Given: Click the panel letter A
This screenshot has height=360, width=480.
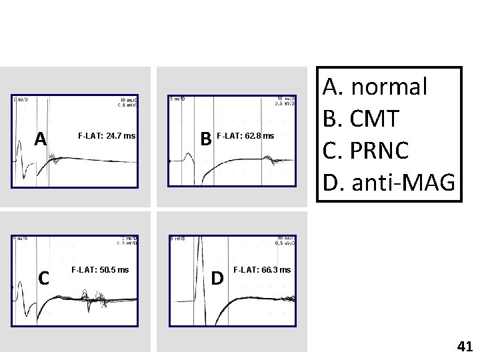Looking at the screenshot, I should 41,138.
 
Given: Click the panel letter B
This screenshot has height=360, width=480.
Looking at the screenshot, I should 207,138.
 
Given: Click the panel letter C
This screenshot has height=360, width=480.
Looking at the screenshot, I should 43,277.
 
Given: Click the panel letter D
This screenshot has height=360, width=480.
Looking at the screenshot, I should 217,277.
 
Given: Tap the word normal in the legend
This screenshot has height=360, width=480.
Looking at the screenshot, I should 389,86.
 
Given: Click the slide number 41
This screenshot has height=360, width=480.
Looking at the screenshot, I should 465,346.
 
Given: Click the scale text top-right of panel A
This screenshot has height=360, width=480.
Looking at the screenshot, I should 127,102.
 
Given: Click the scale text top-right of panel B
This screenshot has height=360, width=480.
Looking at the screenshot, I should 285,101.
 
